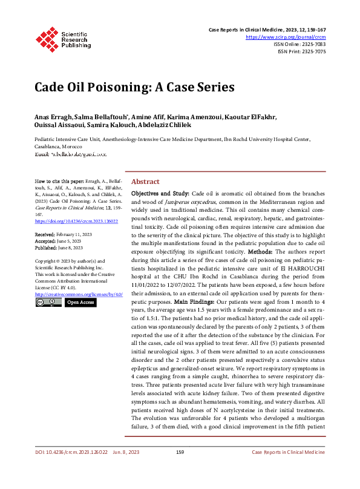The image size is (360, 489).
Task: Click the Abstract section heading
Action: tap(145, 182)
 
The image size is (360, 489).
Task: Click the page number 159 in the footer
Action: tap(180, 468)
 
